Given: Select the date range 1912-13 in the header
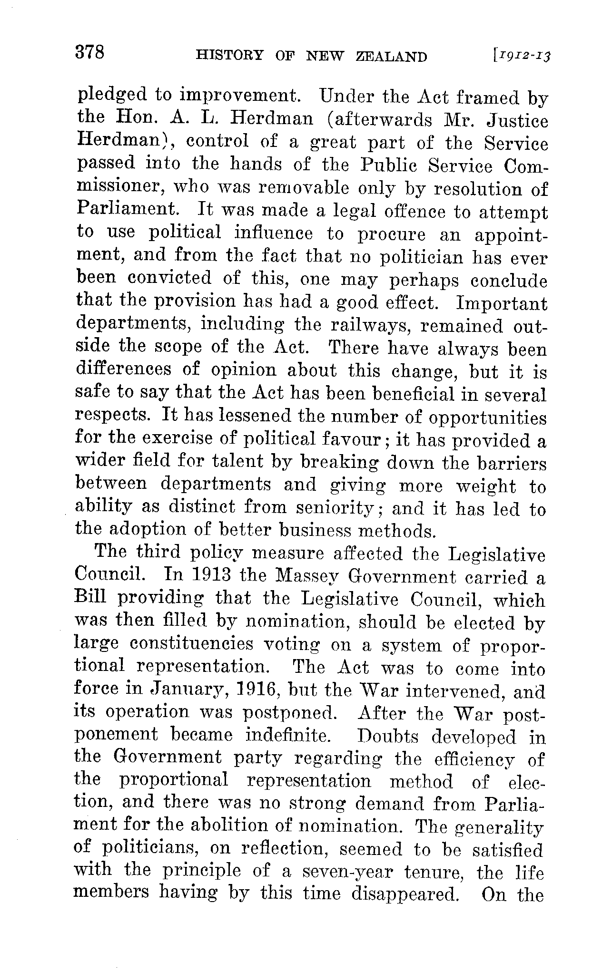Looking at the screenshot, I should point(522,57).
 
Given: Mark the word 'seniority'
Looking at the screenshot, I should point(337,507).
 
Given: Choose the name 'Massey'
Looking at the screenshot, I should point(308,577).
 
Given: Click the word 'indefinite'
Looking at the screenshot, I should point(288,736).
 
